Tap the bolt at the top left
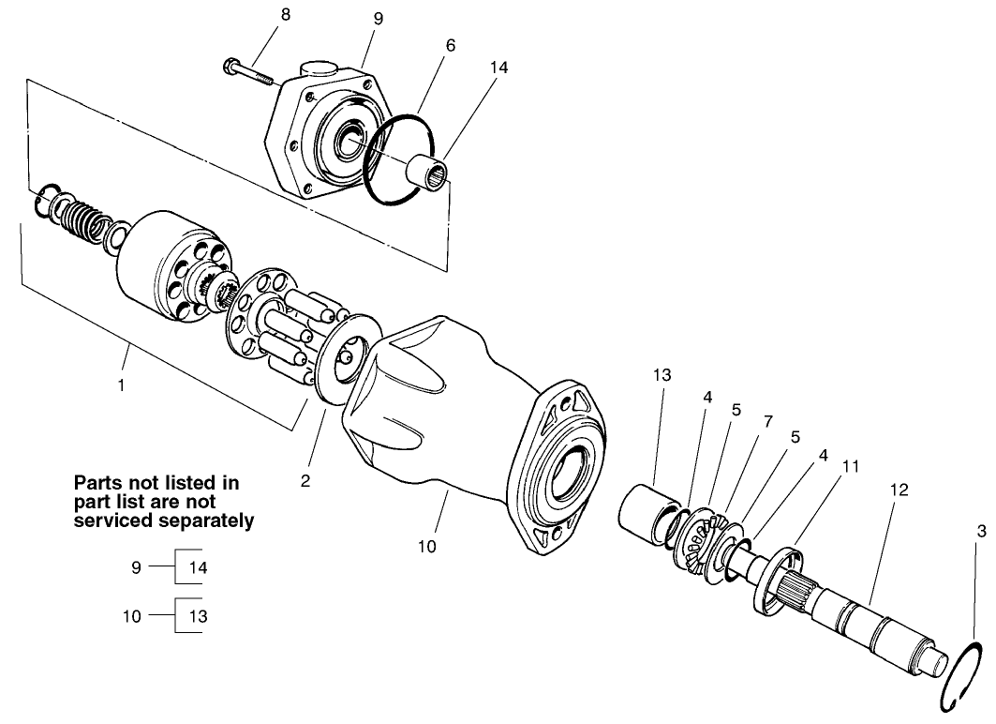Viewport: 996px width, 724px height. pyautogui.click(x=250, y=72)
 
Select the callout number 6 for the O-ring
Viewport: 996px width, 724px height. pyautogui.click(x=451, y=45)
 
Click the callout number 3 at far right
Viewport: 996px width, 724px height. pyautogui.click(x=981, y=532)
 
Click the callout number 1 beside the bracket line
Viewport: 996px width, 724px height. pyautogui.click(x=121, y=385)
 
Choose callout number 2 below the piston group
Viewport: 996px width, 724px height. pyautogui.click(x=305, y=481)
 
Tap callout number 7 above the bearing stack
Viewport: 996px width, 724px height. pyautogui.click(x=768, y=421)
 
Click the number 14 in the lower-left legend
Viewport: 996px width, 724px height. pyautogui.click(x=200, y=567)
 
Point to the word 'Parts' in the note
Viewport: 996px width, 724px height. pyautogui.click(x=98, y=483)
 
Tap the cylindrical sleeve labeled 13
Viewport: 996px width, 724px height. pyautogui.click(x=649, y=512)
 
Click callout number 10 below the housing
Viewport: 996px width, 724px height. pyautogui.click(x=427, y=545)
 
